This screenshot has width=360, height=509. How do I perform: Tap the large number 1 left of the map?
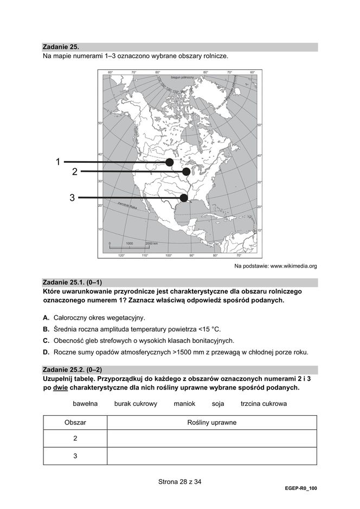pyautogui.click(x=57, y=161)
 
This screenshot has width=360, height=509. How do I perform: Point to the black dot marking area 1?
pyautogui.click(x=170, y=162)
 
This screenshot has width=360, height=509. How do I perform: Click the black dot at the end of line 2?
pyautogui.click(x=187, y=172)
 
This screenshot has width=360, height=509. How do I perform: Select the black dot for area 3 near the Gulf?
pyautogui.click(x=184, y=198)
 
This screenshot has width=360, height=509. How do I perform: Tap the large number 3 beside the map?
pyautogui.click(x=72, y=198)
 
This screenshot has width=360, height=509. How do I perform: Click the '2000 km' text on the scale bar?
pyautogui.click(x=152, y=244)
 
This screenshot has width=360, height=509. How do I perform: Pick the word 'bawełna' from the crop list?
pyautogui.click(x=85, y=404)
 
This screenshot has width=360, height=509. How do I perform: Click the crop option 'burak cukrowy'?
pyautogui.click(x=136, y=404)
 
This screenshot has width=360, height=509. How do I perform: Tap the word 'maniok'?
pyautogui.click(x=184, y=404)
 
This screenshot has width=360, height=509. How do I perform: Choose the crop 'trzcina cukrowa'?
pyautogui.click(x=263, y=404)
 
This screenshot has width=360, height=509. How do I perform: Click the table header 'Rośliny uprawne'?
pyautogui.click(x=211, y=422)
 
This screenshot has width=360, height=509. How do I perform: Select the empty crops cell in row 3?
pyautogui.click(x=211, y=456)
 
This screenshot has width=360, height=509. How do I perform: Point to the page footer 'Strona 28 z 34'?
pyautogui.click(x=179, y=481)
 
